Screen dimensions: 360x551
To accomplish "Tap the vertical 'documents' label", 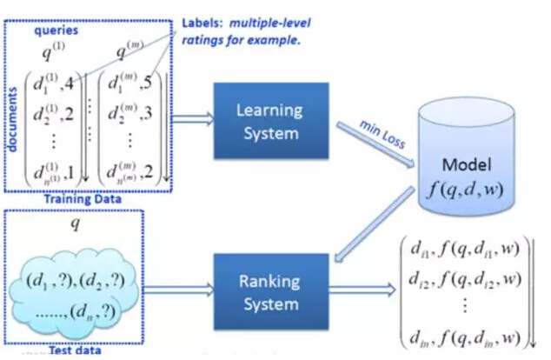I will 13,114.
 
